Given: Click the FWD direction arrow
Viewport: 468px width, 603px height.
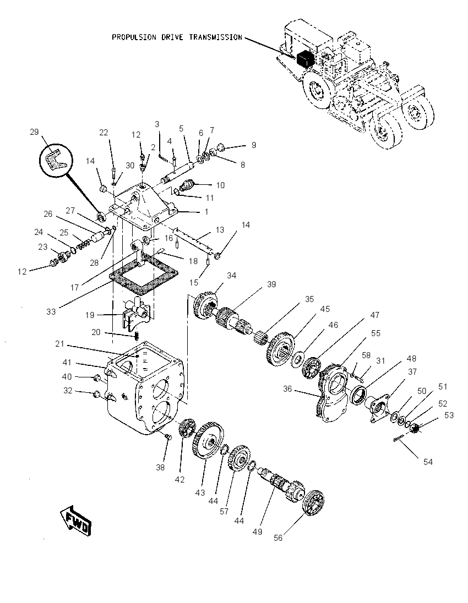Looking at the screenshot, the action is point(76,520).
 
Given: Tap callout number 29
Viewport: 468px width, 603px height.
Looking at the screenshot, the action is point(34,132).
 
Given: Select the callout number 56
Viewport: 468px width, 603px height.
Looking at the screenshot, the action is point(278,538).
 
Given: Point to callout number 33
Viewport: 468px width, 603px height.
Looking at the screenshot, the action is point(51,312).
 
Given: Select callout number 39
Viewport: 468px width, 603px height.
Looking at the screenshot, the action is point(272,284).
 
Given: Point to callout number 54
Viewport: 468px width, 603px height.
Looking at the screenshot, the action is point(428,462).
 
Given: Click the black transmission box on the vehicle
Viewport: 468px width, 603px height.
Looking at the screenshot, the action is point(306,59).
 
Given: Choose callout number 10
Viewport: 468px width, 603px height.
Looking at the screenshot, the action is point(220,185).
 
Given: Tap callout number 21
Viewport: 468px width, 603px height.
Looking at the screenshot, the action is point(59,343).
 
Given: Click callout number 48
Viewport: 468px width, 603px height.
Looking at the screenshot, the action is point(411,358).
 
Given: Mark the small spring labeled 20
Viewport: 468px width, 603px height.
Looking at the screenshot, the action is point(136,337).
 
